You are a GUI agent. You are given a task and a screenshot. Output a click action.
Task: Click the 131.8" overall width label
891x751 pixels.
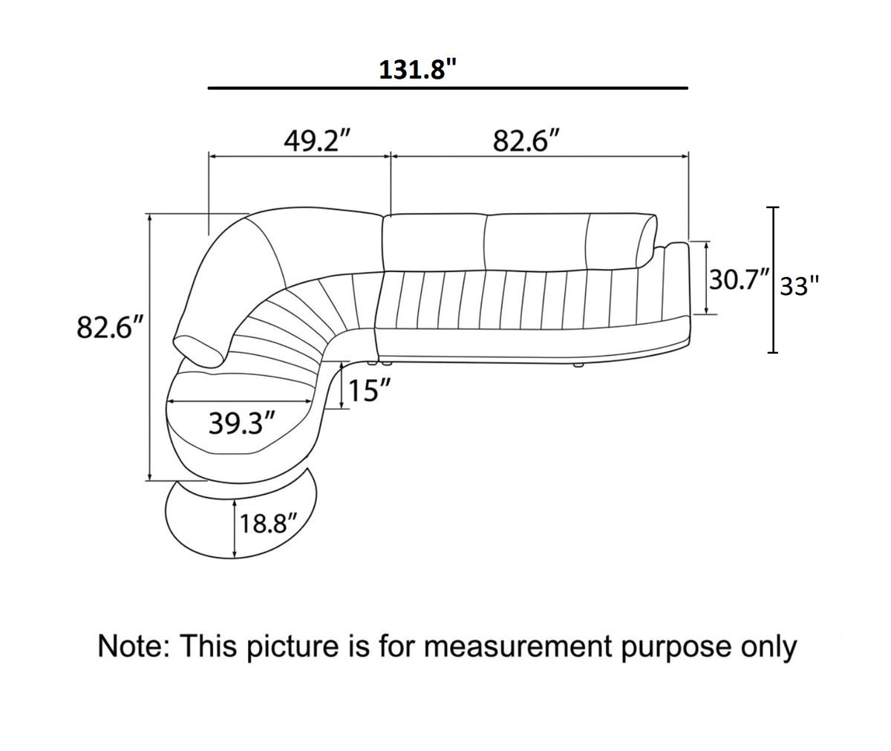coord(418,70)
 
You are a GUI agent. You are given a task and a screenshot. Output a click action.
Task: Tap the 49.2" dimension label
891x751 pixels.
coord(318,141)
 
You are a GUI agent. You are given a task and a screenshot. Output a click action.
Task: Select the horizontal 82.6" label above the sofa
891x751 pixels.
coord(526,141)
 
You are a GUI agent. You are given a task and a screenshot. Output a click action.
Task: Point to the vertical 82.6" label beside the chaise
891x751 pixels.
coord(110,327)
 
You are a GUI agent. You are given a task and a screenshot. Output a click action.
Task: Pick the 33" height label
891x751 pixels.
coord(800,286)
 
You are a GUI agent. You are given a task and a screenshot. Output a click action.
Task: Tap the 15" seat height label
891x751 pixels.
coord(369,390)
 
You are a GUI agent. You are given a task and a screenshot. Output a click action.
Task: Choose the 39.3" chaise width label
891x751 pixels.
coord(242,423)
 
